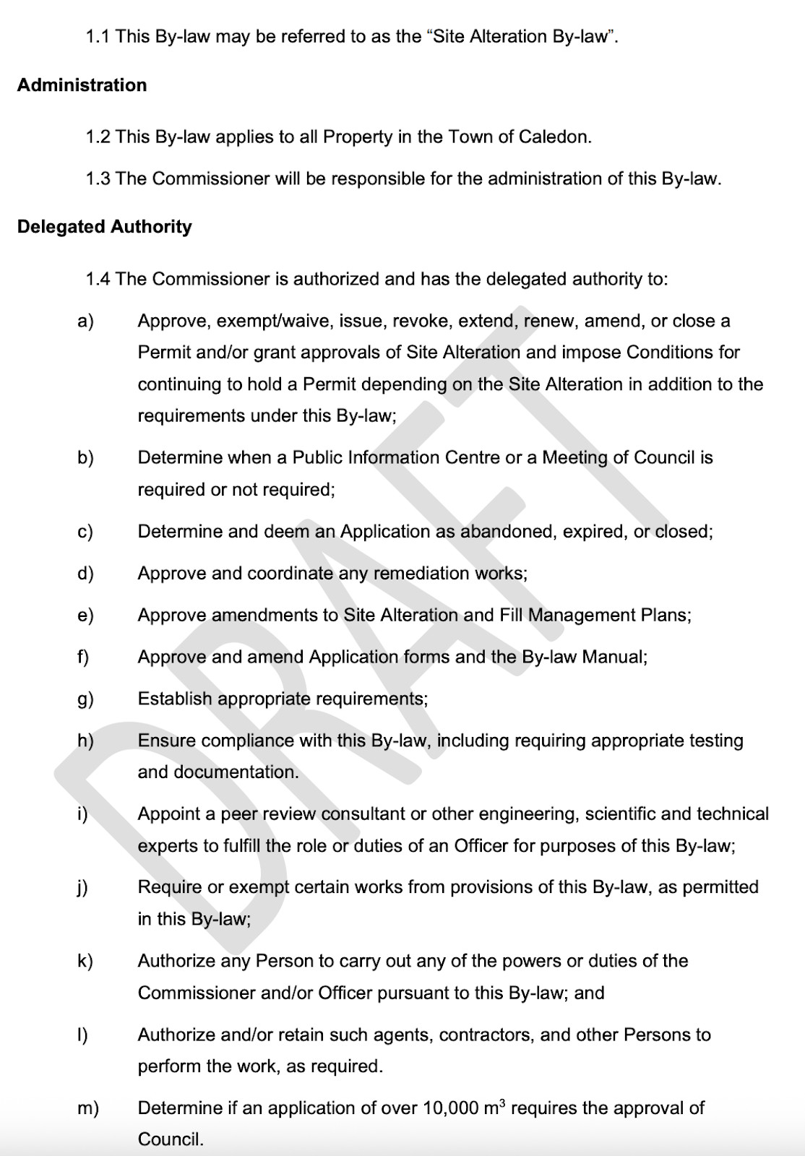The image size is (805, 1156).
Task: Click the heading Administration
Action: pos(82,85)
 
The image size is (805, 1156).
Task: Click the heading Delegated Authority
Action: pos(105,227)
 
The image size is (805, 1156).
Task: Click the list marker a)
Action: pos(85,321)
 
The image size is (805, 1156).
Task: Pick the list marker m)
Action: pos(88,1108)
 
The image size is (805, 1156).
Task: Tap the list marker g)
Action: pos(85,699)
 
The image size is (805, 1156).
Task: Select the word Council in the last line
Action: pos(171,1139)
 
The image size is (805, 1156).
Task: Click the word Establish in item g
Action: pos(175,699)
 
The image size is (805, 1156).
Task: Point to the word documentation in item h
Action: pos(218,772)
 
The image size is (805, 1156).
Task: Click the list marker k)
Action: pos(85,961)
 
